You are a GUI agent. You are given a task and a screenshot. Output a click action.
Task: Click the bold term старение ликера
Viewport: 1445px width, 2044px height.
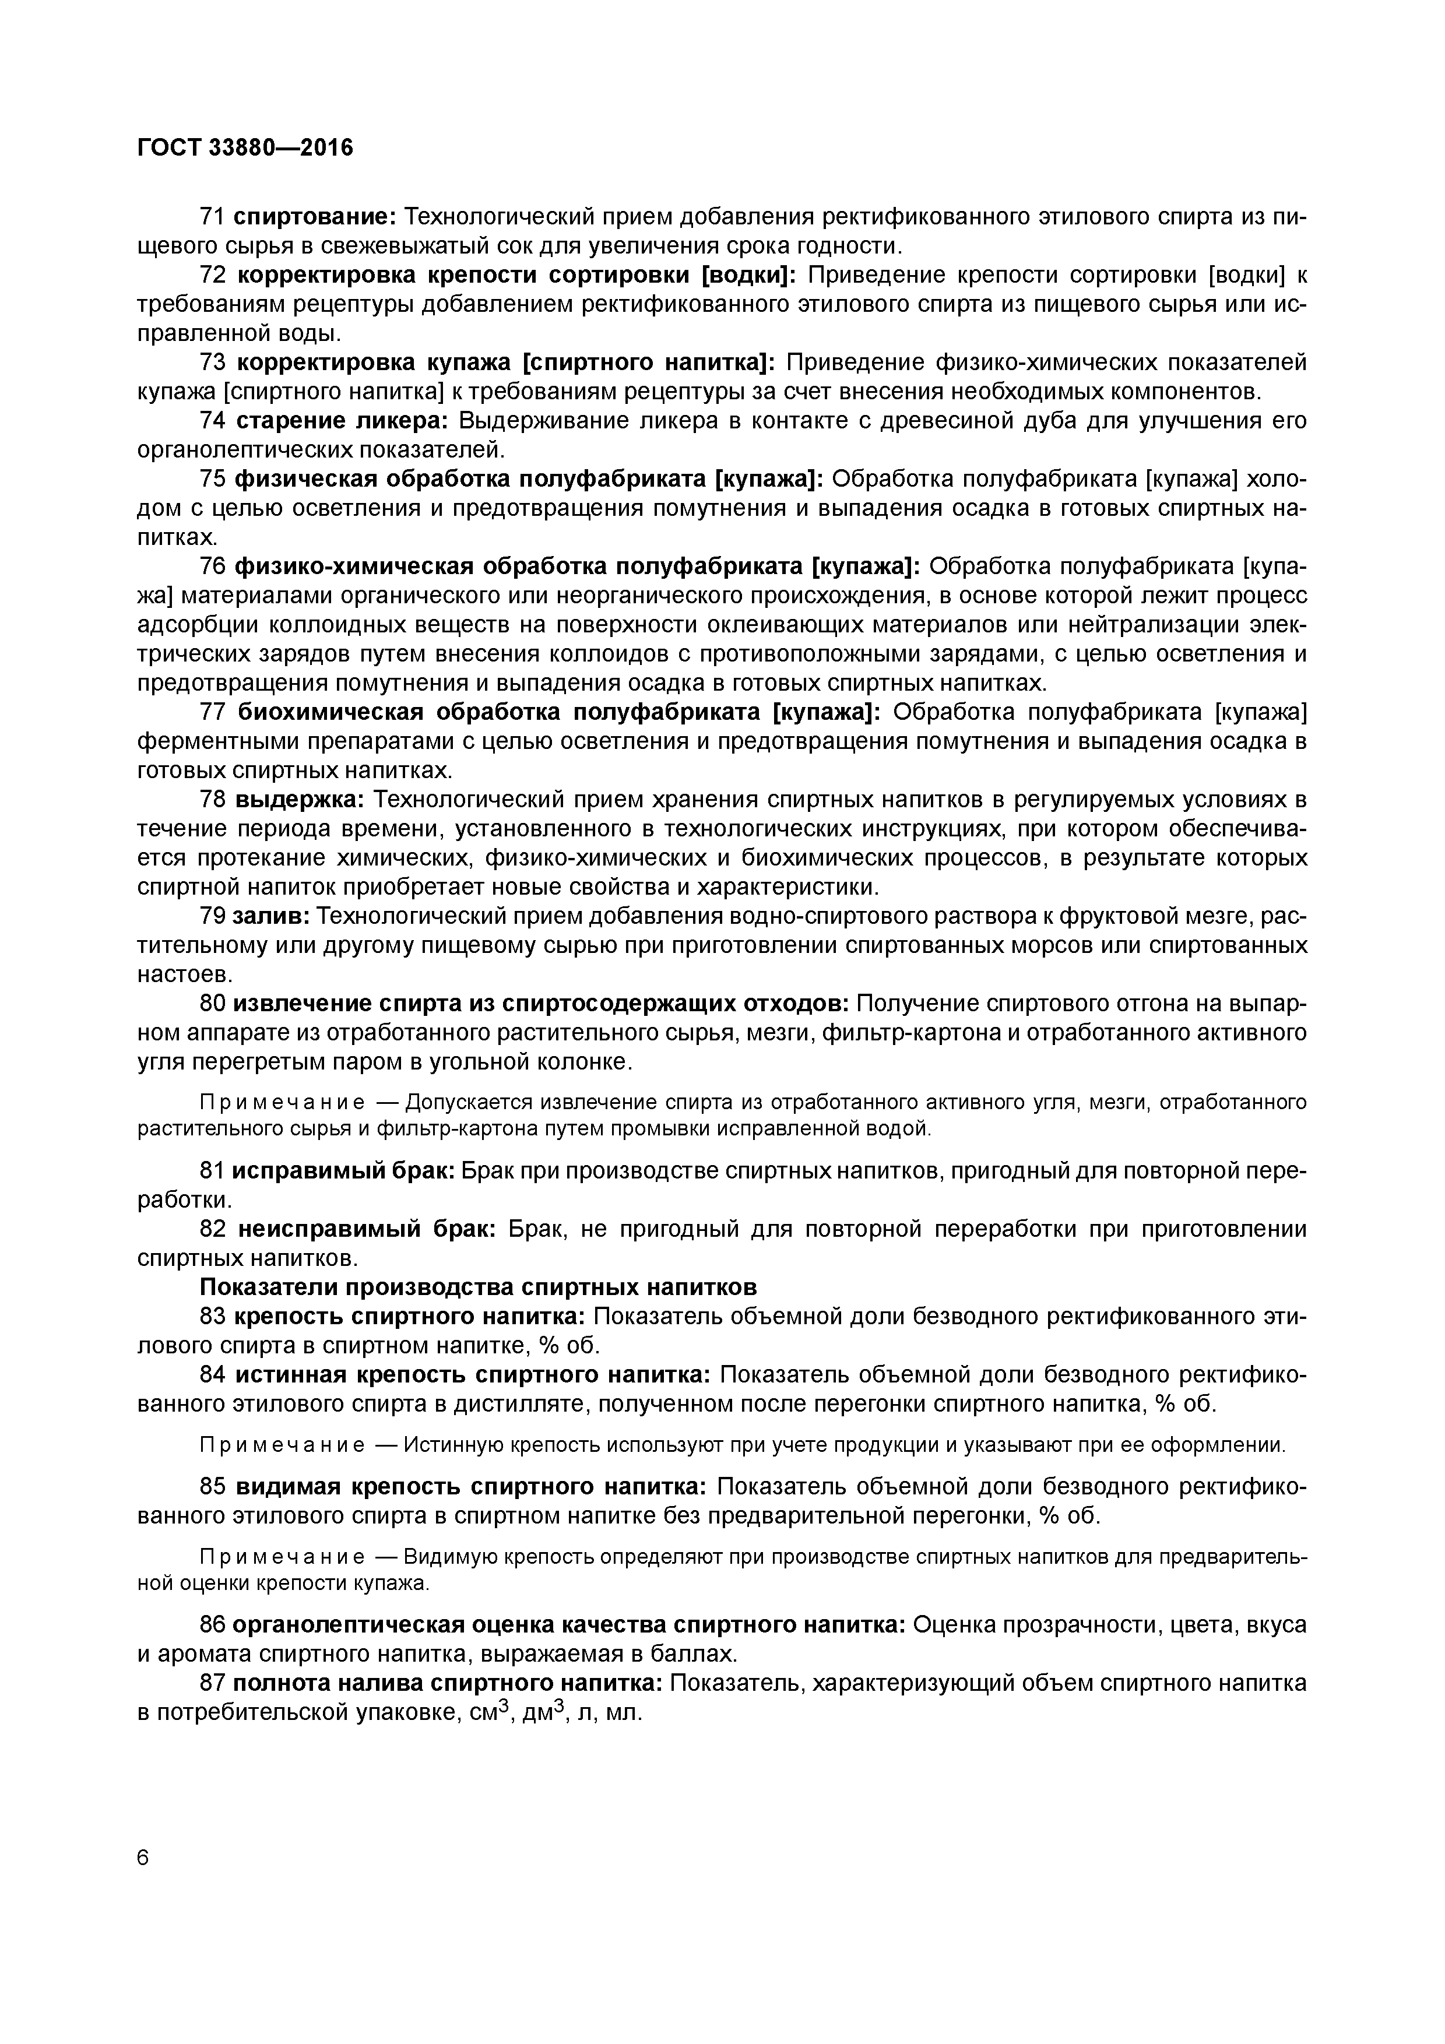pos(342,421)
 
